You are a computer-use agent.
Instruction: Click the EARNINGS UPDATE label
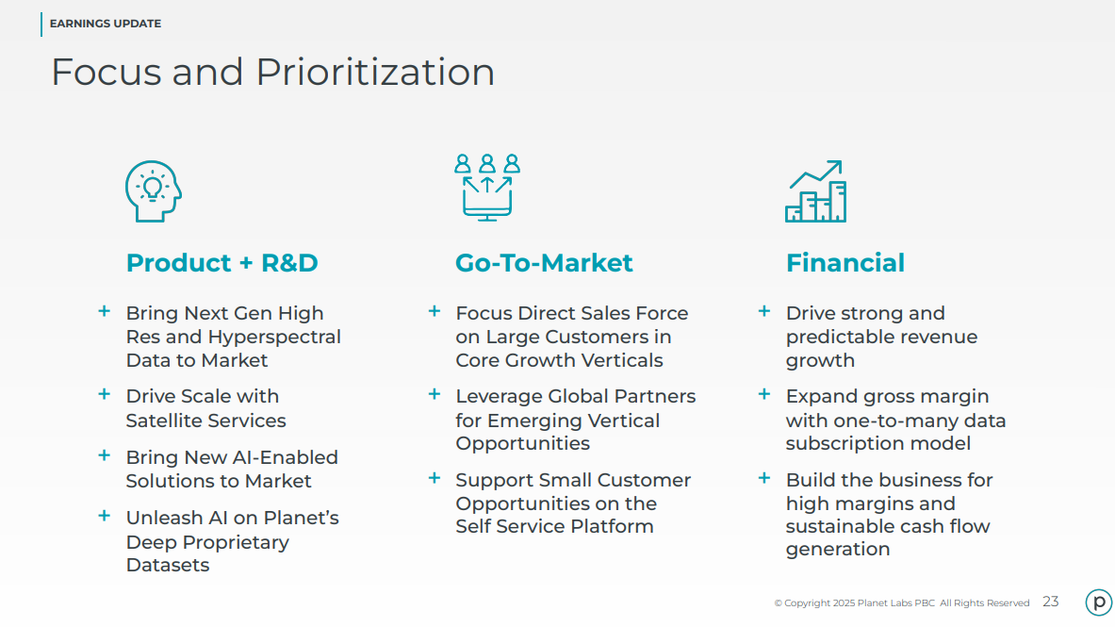[106, 24]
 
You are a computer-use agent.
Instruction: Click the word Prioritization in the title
[375, 72]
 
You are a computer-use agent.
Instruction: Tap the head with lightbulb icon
[154, 190]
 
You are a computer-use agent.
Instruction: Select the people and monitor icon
[487, 188]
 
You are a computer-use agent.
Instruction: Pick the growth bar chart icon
[815, 190]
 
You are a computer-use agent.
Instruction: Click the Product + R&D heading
[221, 263]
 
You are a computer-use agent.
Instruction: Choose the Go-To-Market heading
[544, 263]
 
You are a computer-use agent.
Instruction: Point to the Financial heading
[845, 263]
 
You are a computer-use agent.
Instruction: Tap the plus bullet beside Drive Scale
[105, 394]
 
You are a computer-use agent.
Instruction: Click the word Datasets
[168, 565]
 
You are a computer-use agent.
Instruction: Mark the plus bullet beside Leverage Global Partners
[435, 394]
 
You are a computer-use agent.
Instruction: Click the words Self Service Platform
[554, 527]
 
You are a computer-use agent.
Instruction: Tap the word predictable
[835, 338]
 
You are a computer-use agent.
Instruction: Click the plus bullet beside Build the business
[764, 478]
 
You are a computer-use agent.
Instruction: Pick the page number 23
[1051, 602]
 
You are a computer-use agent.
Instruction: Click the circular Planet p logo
[1099, 602]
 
